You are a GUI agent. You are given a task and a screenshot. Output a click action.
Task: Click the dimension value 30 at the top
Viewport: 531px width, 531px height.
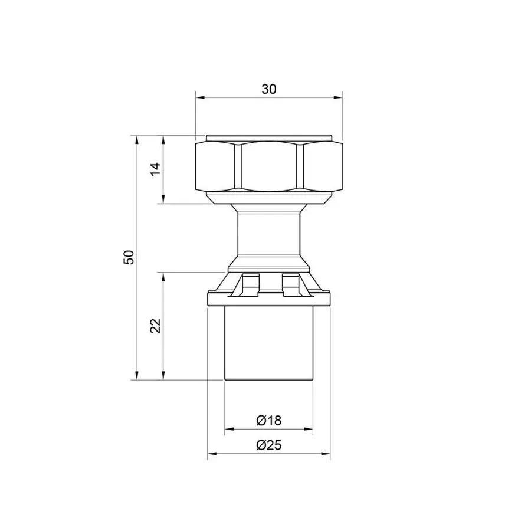point(269,89)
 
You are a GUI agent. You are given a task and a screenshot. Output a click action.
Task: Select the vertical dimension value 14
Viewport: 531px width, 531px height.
point(156,169)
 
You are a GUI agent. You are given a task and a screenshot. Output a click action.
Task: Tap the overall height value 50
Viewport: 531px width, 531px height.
point(129,257)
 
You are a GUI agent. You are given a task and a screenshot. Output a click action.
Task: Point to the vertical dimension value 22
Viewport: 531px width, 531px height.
point(155,326)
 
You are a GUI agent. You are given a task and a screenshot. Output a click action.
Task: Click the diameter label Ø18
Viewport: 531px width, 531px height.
point(269,420)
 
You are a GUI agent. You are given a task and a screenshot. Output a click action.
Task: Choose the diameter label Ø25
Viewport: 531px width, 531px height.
point(269,445)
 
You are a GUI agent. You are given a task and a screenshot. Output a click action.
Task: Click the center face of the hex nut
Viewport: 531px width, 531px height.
point(269,166)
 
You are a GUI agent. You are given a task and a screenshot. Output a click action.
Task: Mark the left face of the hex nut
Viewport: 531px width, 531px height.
point(215,166)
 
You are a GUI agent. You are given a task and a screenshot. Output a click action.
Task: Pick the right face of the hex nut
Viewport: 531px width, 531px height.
point(323,166)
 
